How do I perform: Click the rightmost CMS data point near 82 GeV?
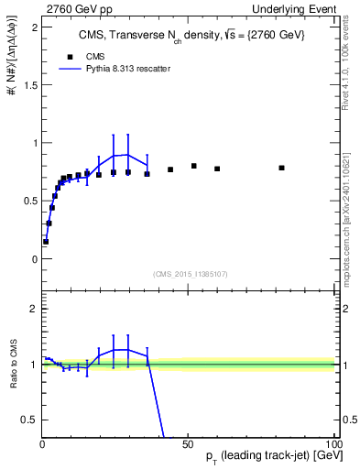pos(281,168)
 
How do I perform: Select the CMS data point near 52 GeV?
pos(194,166)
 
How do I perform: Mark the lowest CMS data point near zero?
pos(46,242)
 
